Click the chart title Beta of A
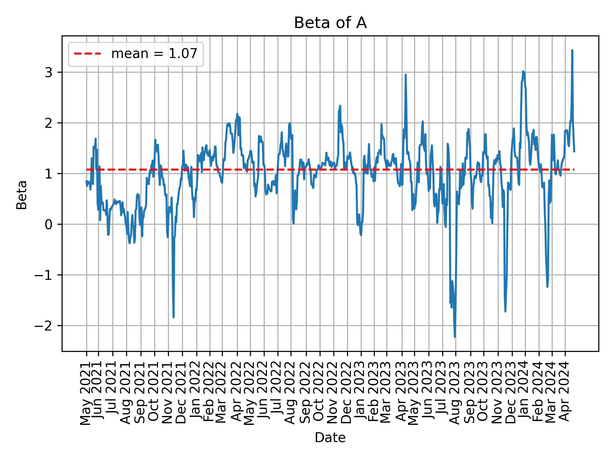330,23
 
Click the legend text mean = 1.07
154,54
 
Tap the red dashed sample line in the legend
87,54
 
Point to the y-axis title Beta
22,195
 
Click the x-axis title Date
330,438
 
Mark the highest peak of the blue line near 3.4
572,50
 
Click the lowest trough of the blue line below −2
455,337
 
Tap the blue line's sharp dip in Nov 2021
173,317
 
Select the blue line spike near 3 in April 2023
405,75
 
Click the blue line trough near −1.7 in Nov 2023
505,311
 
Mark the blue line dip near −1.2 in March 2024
547,286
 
